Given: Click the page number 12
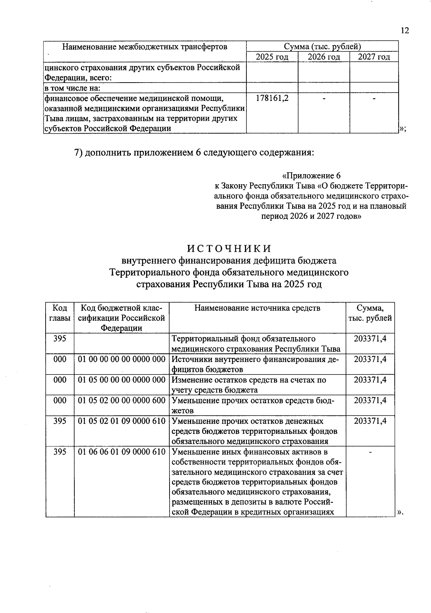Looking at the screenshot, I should click(x=404, y=31).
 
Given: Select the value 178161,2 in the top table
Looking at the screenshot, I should click(x=272, y=98).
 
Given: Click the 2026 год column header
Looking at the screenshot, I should click(x=324, y=57).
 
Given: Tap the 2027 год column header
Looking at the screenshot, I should click(x=374, y=57).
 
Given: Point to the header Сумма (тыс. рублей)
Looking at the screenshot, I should click(x=322, y=47).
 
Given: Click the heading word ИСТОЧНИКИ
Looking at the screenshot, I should click(x=229, y=249).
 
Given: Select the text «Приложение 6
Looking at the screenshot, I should click(x=311, y=176).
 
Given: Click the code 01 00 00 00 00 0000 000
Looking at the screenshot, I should click(x=121, y=359).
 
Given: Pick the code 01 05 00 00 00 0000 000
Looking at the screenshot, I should click(x=121, y=380).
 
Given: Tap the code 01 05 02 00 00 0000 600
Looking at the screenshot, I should click(x=121, y=400).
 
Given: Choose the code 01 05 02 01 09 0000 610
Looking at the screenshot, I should click(x=121, y=421).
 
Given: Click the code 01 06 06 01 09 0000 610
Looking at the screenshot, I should click(x=121, y=452).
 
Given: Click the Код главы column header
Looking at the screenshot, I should click(x=60, y=313).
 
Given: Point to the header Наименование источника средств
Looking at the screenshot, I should click(x=257, y=308).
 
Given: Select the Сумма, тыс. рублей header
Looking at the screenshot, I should click(x=370, y=313).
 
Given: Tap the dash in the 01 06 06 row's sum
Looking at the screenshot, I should click(x=370, y=452).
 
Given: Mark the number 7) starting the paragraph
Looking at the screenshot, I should click(x=79, y=153).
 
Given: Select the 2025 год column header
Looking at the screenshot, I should click(x=272, y=57).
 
